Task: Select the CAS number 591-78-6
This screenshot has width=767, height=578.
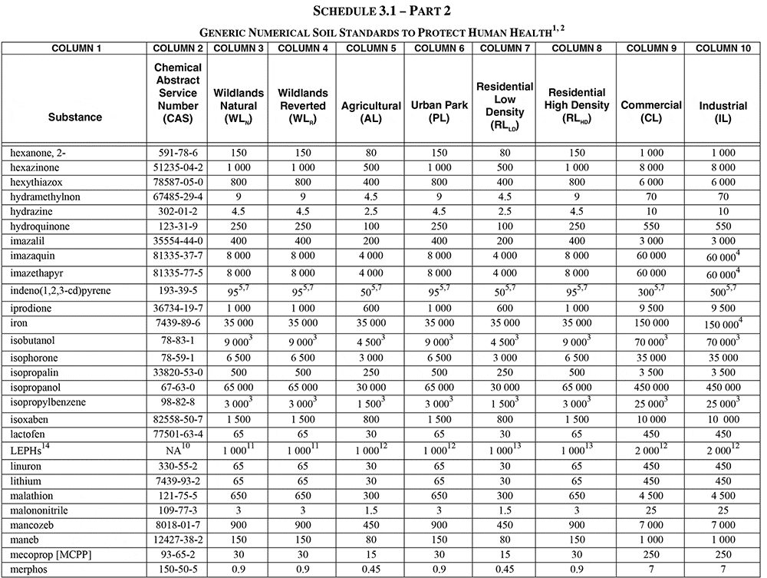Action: tap(178, 153)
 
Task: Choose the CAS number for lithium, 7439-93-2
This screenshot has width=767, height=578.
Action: tap(178, 481)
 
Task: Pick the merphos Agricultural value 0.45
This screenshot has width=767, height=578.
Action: tap(371, 569)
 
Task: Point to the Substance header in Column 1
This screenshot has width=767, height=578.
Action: tap(75, 117)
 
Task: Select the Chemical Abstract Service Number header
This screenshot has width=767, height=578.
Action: tap(178, 94)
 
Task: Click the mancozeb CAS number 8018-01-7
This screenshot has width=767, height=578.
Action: tap(178, 525)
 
